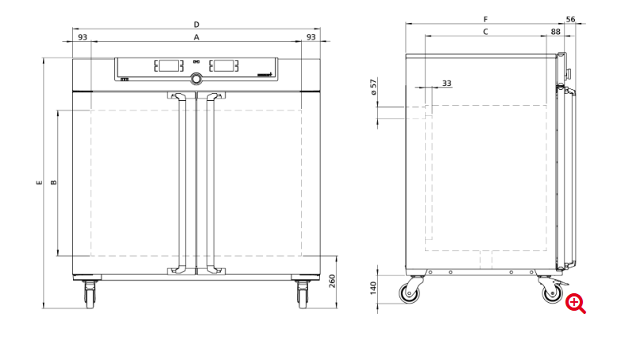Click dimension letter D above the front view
[x=197, y=25]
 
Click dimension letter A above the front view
[x=197, y=37]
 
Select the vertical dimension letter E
[x=40, y=183]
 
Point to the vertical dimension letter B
[x=53, y=183]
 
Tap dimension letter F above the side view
[x=485, y=19]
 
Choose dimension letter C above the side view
[x=485, y=32]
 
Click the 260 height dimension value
[x=332, y=281]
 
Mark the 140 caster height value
[x=373, y=288]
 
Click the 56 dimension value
[x=570, y=19]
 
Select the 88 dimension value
[x=556, y=32]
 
